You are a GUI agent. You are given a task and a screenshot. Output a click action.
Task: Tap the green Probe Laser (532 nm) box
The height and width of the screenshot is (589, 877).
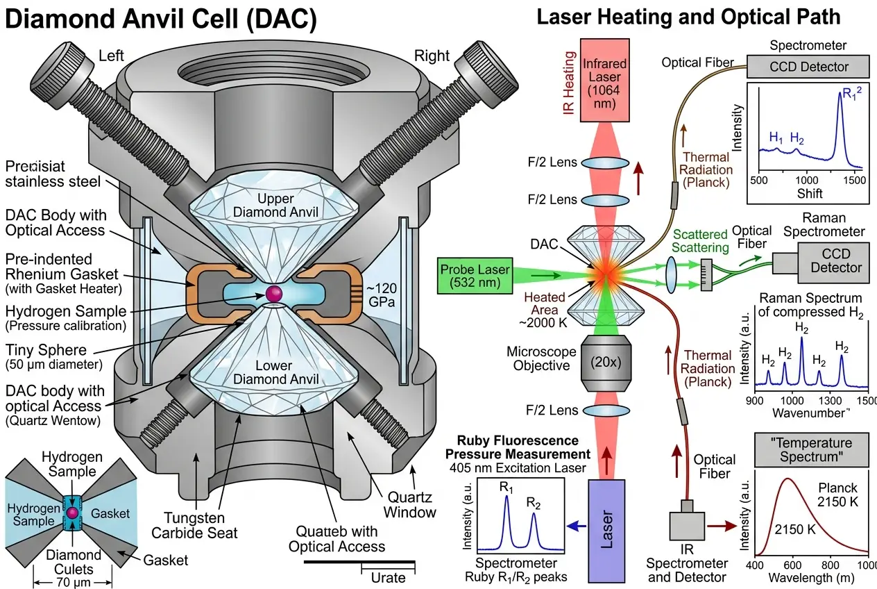click(475, 276)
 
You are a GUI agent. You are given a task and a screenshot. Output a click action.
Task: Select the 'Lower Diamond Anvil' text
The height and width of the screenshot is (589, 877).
click(275, 372)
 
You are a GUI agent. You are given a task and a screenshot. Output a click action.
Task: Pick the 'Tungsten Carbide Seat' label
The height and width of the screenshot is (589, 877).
click(201, 526)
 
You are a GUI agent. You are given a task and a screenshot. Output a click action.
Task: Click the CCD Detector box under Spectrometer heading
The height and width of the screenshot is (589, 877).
click(808, 67)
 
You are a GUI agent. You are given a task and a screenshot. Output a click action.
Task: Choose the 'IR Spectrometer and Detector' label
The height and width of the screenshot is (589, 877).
click(686, 570)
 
